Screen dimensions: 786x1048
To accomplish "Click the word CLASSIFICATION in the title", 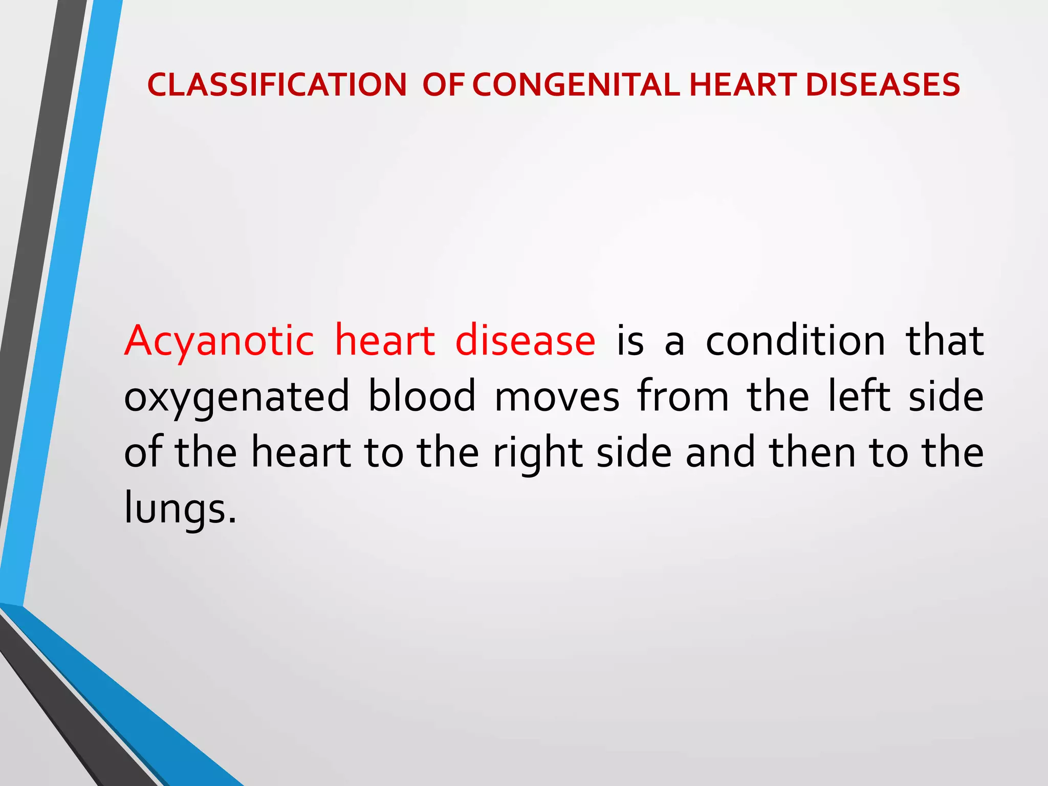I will click(x=277, y=85).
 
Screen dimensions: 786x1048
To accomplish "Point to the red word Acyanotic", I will click(x=219, y=342).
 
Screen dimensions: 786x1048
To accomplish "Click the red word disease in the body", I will click(x=525, y=341).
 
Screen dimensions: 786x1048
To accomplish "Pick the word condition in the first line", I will click(x=795, y=341).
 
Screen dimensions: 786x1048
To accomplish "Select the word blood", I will click(x=422, y=397).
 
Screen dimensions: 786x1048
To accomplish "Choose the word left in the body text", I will click(x=859, y=397).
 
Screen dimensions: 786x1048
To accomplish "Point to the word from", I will click(x=683, y=397).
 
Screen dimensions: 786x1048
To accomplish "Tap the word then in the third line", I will click(x=812, y=452).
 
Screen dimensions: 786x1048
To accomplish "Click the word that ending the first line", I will click(x=945, y=341).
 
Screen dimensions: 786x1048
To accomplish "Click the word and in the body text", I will click(x=720, y=452).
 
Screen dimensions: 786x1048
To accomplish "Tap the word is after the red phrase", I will click(x=630, y=341).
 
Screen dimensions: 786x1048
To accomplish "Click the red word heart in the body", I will click(x=384, y=341).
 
